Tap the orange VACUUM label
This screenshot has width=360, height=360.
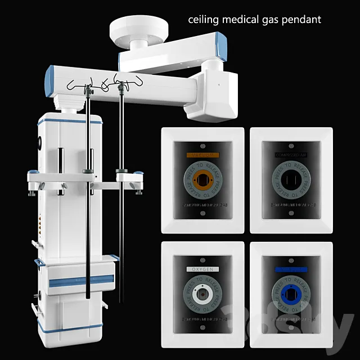pyautogui.click(x=202, y=154)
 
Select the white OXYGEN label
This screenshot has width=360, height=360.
pyautogui.click(x=202, y=269)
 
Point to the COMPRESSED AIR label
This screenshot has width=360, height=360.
pyautogui.click(x=291, y=154)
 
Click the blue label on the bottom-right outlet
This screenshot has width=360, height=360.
pyautogui.click(x=291, y=269)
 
